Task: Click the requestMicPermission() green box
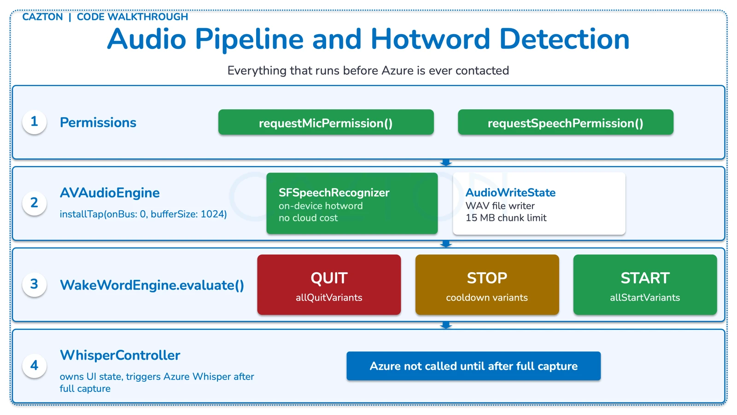pos(326,123)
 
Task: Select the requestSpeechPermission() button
pos(565,123)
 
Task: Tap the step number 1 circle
pos(35,122)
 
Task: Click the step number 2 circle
pos(35,203)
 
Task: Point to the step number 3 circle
pos(35,284)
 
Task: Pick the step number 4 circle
pos(35,366)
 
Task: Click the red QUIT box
pos(329,285)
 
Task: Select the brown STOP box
pos(487,285)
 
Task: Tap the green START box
pos(645,285)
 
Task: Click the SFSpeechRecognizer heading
pos(334,193)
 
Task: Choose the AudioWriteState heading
pos(510,193)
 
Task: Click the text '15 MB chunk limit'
pos(506,218)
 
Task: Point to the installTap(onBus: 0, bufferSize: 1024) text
pos(143,214)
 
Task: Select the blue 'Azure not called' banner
pos(474,366)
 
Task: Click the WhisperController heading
pos(120,355)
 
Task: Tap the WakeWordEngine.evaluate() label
pos(152,285)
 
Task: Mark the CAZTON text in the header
pos(42,17)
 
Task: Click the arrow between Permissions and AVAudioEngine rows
pos(446,163)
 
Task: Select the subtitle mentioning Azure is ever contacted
pos(368,71)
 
